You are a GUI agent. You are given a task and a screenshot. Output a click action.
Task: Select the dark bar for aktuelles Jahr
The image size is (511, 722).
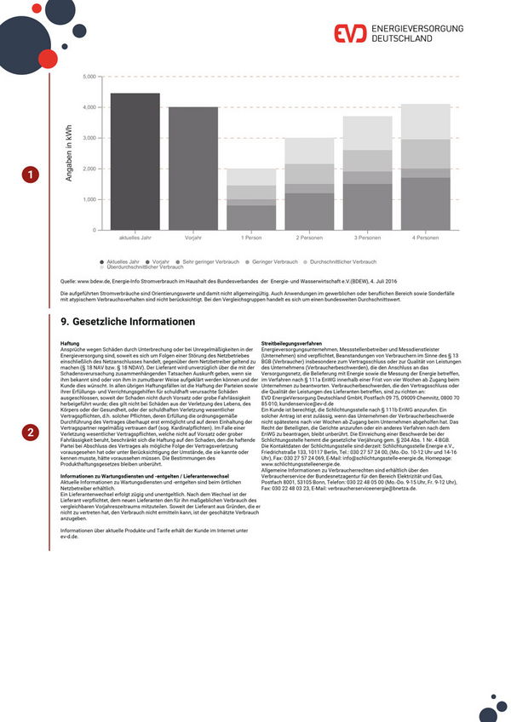[135, 162]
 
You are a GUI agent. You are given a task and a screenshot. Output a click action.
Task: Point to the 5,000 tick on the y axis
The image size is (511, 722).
[89, 77]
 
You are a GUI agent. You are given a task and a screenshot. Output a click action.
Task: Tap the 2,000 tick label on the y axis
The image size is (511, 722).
[89, 169]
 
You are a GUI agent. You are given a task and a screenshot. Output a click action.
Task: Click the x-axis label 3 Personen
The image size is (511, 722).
[367, 238]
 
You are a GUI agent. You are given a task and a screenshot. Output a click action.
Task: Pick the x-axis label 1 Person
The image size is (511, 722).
[251, 238]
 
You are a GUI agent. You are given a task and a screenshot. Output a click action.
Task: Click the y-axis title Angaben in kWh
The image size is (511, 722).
[69, 153]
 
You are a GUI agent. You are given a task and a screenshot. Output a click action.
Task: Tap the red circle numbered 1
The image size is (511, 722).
[31, 175]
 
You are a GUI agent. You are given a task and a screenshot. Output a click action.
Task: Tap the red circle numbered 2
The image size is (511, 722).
[31, 433]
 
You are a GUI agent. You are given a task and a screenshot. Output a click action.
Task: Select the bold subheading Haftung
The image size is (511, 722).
[70, 342]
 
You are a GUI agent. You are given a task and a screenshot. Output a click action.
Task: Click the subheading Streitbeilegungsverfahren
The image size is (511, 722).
[292, 342]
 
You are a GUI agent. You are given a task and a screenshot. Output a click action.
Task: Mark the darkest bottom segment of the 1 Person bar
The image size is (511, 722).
[251, 218]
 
